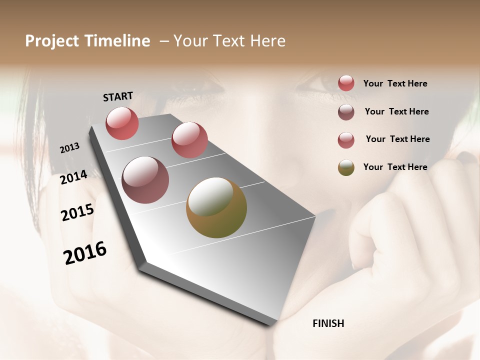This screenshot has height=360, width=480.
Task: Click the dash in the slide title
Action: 163,41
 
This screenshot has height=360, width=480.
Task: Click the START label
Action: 118,96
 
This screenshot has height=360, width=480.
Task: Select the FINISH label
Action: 328,323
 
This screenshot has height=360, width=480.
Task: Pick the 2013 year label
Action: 69,148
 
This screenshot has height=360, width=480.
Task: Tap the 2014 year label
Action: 73,177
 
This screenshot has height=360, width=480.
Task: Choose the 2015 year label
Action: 77,212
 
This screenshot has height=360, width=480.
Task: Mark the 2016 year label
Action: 85,252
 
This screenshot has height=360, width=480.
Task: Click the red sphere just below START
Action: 122,123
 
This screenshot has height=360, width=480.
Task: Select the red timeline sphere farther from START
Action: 189,140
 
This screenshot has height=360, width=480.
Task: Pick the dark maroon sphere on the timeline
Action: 145,180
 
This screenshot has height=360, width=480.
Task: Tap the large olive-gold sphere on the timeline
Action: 216,207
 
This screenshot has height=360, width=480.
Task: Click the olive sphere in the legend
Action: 346,167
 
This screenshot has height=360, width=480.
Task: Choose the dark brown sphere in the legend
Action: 346,112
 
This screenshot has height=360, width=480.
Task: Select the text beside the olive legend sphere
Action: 395,167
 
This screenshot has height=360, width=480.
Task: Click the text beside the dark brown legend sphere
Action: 396,111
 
